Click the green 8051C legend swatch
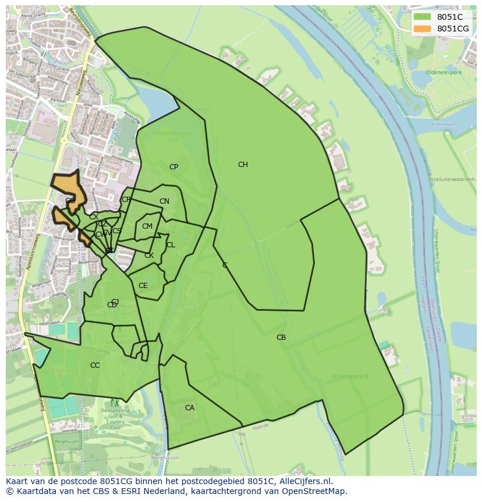click(x=422, y=17)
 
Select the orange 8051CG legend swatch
click(x=422, y=29)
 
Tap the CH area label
click(x=243, y=165)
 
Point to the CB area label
click(x=281, y=337)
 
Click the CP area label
click(x=173, y=167)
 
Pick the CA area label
click(x=190, y=408)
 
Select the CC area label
click(x=95, y=365)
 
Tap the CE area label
click(x=143, y=286)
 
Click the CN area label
click(x=164, y=202)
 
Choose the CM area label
click(x=147, y=226)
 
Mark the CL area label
click(x=171, y=245)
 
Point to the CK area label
click(x=149, y=255)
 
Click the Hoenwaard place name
click(x=350, y=376)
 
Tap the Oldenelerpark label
click(x=443, y=72)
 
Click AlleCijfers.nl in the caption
click(x=303, y=481)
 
